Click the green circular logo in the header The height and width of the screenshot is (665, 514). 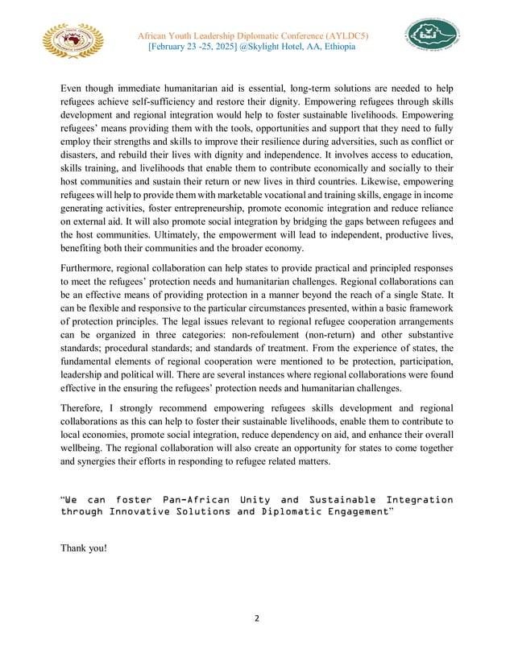click(x=432, y=35)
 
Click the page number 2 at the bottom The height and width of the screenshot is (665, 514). click(x=257, y=619)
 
